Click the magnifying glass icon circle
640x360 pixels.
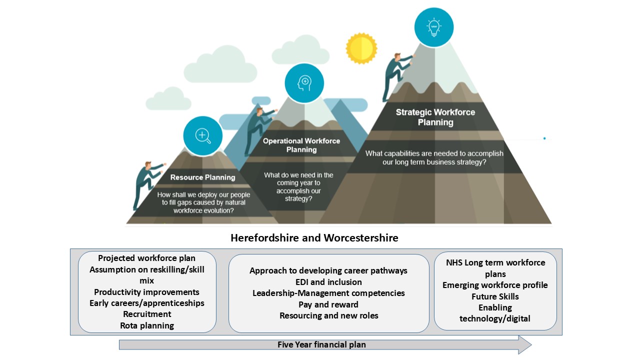[x=202, y=135]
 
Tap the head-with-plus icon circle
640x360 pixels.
[x=304, y=83]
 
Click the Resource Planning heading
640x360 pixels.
[x=202, y=177]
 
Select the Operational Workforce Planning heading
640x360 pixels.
[x=301, y=145]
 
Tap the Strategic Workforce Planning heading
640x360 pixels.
[x=435, y=117]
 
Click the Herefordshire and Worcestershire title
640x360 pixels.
[x=314, y=238]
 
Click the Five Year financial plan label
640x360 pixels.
[x=322, y=344]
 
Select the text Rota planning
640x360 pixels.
[x=147, y=325]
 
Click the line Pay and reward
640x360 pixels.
[x=328, y=304]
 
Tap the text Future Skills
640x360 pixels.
[x=495, y=296]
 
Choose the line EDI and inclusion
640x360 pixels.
[x=328, y=282]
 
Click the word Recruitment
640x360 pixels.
[x=147, y=314]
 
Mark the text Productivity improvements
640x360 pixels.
[x=147, y=292]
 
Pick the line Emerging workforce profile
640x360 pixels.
[x=495, y=285]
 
